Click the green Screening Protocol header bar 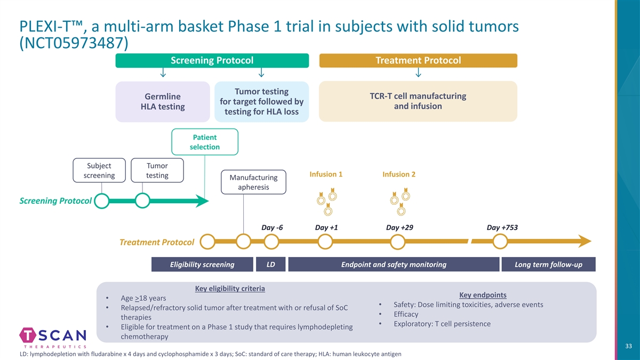coord(212,61)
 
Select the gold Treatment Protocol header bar coord(418,61)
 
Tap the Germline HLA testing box coord(163,101)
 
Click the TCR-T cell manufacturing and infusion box coord(418,101)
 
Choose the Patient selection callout coord(205,142)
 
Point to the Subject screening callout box coord(100,170)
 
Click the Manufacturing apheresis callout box coord(253,182)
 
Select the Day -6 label coord(272,228)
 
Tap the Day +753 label coord(502,228)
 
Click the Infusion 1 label coord(326,174)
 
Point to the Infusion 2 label coord(399,174)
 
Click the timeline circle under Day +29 coord(398,242)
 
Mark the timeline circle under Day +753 coord(500,242)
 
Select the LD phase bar coord(271,265)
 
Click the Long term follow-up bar coord(548,265)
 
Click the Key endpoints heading coord(483,295)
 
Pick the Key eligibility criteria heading coord(230,289)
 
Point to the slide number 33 coord(628,347)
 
